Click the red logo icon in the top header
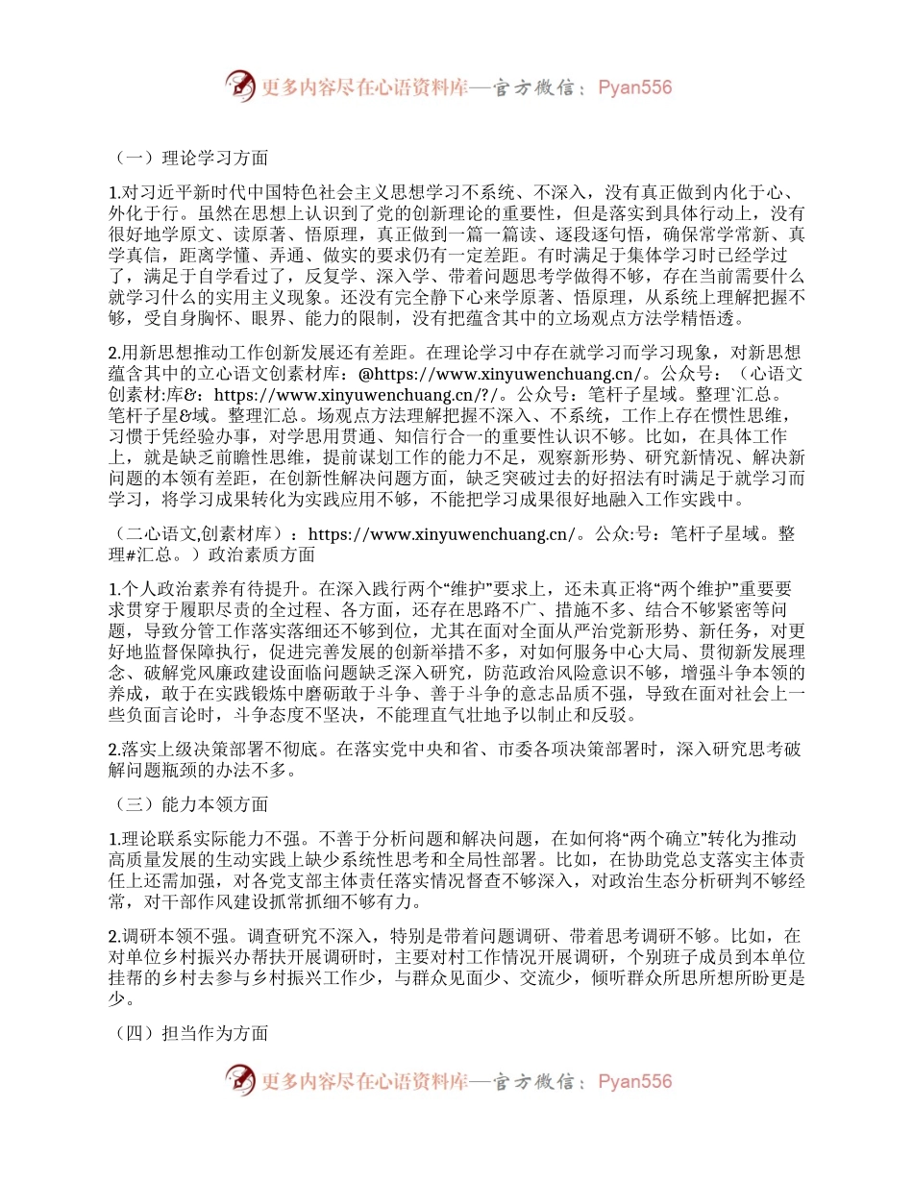[241, 86]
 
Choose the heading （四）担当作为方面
[187, 1034]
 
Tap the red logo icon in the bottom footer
[241, 1080]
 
